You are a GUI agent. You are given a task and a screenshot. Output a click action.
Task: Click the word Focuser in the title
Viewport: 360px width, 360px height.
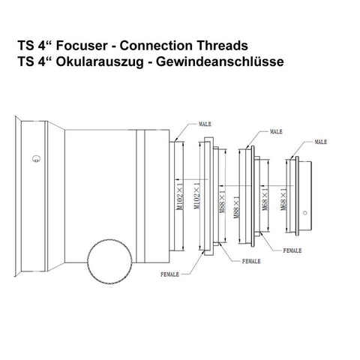click(82, 46)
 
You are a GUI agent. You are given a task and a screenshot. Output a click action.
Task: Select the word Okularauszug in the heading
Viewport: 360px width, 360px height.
click(100, 61)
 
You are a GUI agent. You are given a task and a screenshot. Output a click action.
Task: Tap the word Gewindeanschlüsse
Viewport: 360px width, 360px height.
click(220, 61)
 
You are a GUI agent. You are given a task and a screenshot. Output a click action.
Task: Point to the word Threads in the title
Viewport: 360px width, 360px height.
click(222, 46)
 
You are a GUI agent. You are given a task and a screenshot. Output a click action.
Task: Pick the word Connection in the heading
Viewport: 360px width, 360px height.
click(156, 46)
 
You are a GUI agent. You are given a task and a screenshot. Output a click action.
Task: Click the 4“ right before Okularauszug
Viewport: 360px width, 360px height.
click(45, 61)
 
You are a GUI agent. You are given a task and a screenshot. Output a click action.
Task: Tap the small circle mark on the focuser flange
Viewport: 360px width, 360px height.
click(36, 158)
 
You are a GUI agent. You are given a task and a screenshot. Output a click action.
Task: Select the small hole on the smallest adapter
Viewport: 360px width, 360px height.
click(304, 213)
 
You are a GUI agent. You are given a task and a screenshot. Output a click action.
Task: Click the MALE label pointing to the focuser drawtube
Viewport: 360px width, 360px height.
click(205, 124)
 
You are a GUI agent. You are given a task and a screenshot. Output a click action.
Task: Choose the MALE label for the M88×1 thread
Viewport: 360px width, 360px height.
click(276, 131)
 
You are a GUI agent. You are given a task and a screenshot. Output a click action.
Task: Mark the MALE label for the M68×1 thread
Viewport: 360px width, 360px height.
click(321, 142)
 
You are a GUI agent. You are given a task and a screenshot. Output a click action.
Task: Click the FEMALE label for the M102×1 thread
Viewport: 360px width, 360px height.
click(169, 274)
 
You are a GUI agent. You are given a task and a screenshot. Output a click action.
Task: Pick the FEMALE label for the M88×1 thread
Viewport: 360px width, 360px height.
click(251, 261)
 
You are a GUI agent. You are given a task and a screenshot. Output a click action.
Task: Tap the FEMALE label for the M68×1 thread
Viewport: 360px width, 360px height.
click(292, 250)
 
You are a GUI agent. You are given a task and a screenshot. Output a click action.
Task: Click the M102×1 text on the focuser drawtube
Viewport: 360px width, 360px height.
click(179, 196)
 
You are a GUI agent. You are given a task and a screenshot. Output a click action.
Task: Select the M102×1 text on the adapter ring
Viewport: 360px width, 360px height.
click(197, 196)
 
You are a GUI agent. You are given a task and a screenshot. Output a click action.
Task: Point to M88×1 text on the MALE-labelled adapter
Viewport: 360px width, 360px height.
click(237, 208)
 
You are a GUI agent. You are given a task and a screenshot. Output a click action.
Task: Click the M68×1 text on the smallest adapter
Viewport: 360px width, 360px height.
click(283, 199)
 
